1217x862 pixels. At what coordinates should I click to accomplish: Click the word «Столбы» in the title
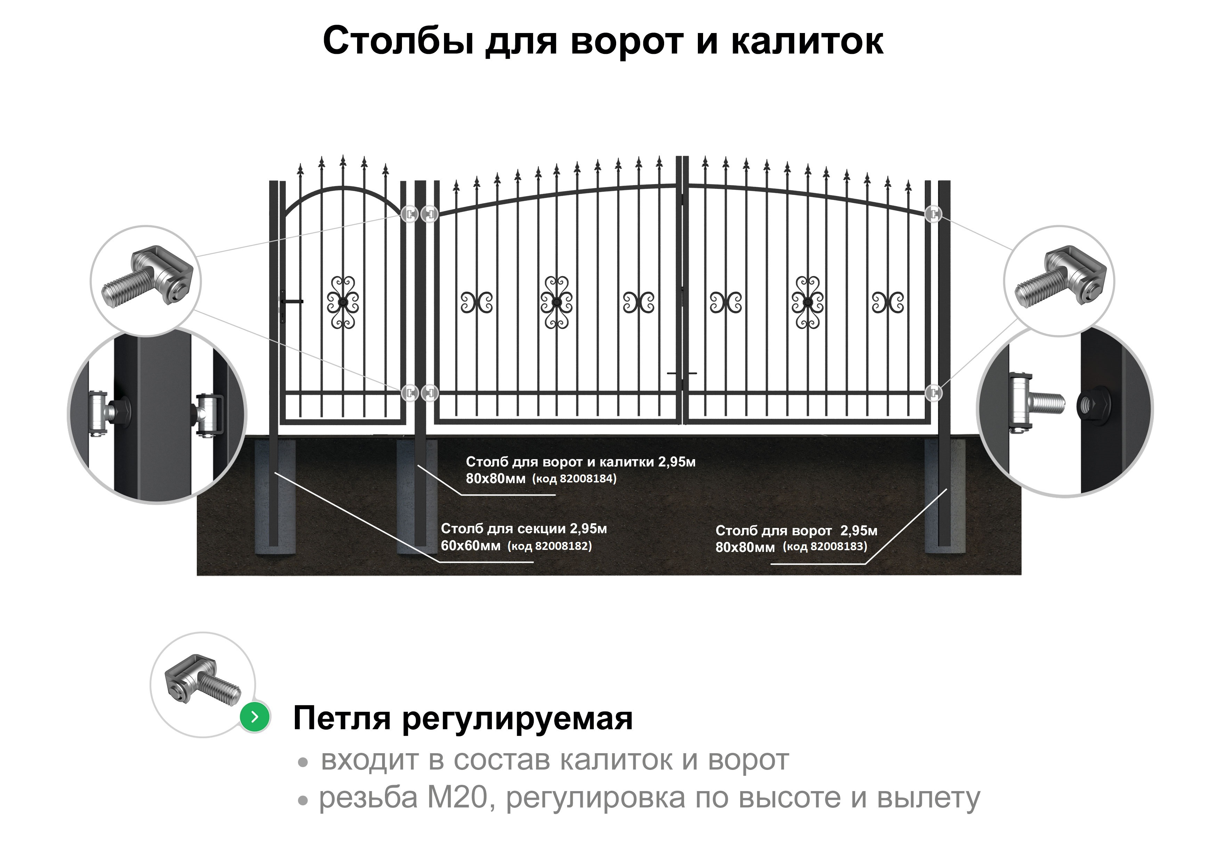(x=398, y=41)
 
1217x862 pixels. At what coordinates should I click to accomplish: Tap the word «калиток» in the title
(x=807, y=41)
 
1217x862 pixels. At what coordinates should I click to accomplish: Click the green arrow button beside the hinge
(x=255, y=717)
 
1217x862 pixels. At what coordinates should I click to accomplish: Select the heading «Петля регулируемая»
(x=463, y=719)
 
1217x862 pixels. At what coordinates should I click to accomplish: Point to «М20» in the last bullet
(x=457, y=798)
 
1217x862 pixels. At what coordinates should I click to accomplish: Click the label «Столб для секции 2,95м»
(x=524, y=529)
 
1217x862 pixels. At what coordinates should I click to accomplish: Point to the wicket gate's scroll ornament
(x=343, y=302)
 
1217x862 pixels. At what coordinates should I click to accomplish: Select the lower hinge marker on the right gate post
(x=933, y=393)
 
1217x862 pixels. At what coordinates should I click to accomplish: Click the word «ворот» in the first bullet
(x=749, y=761)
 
